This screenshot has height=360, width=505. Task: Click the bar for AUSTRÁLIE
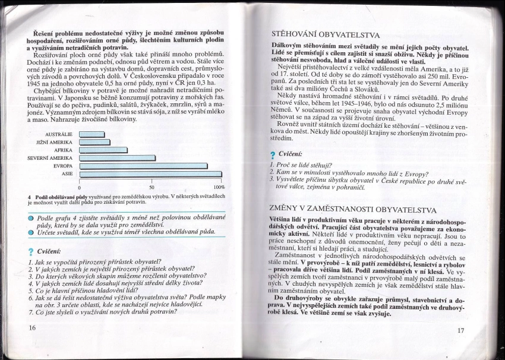point(91,134)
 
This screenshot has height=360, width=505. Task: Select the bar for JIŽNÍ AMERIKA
point(94,142)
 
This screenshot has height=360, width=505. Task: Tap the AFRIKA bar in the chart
point(103,150)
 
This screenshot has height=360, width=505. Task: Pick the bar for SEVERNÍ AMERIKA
point(117,158)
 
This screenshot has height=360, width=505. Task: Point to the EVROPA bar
point(143,166)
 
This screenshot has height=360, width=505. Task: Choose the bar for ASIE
point(151,173)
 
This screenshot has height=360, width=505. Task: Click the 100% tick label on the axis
point(219,186)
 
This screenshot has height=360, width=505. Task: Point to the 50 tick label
point(151,186)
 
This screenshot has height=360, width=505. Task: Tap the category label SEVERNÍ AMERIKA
point(50,158)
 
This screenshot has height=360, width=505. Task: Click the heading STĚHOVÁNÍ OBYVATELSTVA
point(324,35)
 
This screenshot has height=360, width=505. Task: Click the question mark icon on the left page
point(30,251)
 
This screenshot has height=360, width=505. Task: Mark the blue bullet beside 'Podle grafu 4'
point(30,218)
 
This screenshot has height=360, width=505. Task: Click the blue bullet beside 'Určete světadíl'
point(30,232)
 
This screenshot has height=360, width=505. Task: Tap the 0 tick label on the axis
point(80,186)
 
